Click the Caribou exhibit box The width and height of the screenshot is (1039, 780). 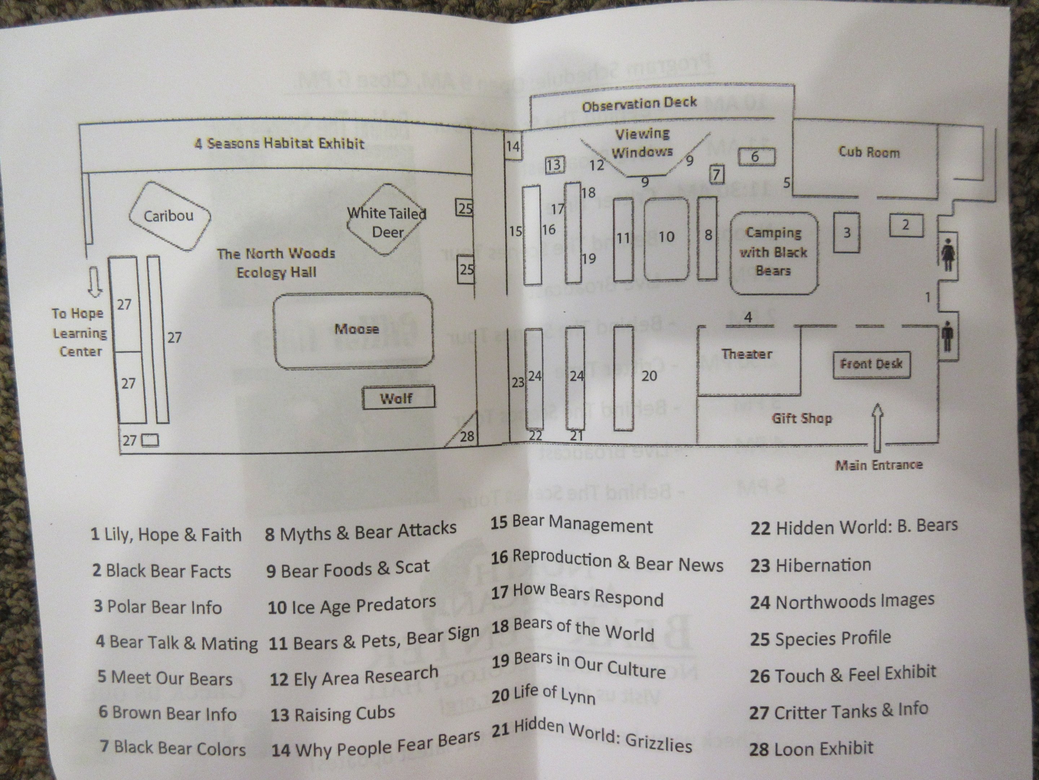[169, 216]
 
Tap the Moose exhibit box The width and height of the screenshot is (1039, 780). [353, 330]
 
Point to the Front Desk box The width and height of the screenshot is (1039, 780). [871, 364]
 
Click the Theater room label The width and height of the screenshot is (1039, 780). [746, 354]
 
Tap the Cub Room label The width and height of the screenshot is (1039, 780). [869, 152]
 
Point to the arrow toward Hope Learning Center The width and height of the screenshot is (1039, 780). [95, 282]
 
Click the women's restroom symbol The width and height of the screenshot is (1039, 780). [947, 254]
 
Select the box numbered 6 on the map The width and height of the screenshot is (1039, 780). [756, 157]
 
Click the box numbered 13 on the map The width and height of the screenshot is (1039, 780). [554, 165]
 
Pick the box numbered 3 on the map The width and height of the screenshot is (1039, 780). [846, 233]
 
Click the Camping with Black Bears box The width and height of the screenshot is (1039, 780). [773, 253]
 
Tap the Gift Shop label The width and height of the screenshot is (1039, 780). [801, 418]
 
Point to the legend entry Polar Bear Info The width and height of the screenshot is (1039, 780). [158, 607]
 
